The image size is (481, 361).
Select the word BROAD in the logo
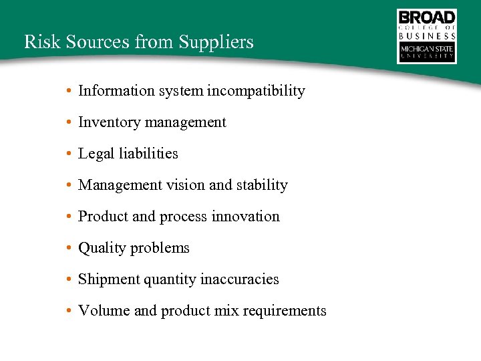pyautogui.click(x=427, y=17)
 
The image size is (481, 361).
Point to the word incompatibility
pyautogui.click(x=256, y=91)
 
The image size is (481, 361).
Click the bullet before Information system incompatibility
pyautogui.click(x=69, y=91)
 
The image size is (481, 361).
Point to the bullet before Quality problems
pyautogui.click(x=69, y=248)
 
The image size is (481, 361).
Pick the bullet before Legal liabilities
pyautogui.click(x=69, y=154)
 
